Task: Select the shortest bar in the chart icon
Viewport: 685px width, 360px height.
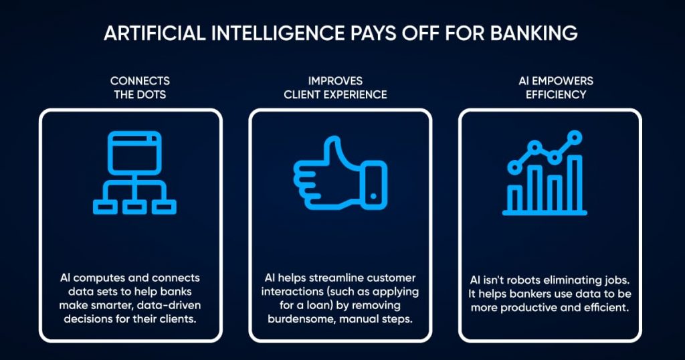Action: pos(515,198)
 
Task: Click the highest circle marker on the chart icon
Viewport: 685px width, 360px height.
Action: pos(574,139)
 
